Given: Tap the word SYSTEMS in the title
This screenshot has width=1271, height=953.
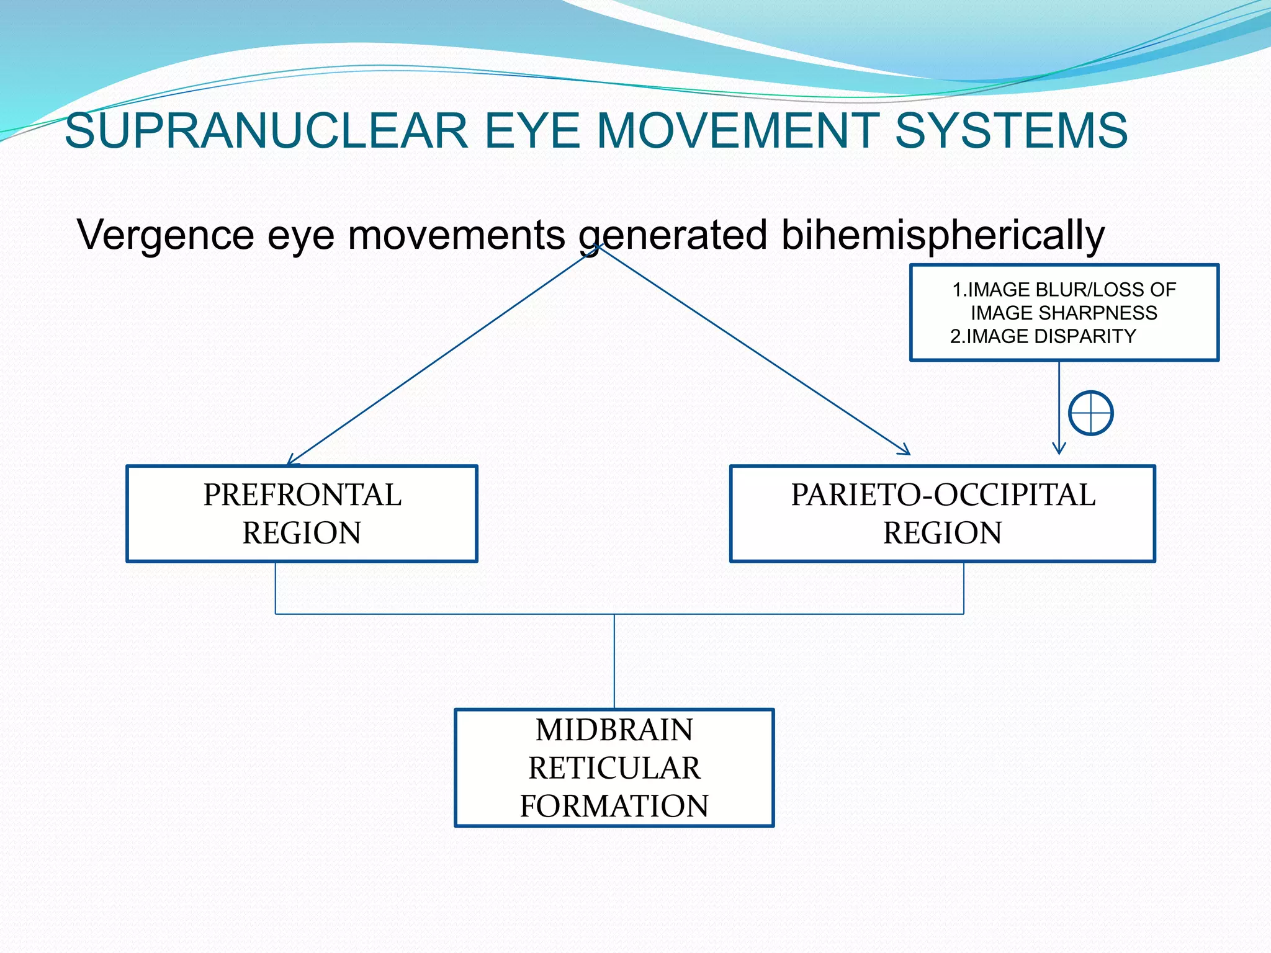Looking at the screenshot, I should (1011, 131).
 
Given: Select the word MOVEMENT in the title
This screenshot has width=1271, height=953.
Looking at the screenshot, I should (738, 131).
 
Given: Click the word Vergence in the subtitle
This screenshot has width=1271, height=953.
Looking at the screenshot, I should (165, 236).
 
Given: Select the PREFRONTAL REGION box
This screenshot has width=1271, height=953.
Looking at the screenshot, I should (302, 514).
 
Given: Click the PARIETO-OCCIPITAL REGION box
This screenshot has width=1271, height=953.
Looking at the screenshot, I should (942, 514).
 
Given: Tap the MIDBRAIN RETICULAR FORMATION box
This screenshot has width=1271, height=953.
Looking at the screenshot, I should (614, 767).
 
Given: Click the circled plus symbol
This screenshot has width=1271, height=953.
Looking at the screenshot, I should (1090, 413).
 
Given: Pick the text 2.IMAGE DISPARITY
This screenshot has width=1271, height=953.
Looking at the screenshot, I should (1043, 336).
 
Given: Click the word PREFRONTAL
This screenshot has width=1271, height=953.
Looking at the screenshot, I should (302, 495).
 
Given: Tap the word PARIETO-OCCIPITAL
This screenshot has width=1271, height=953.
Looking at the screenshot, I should (943, 495).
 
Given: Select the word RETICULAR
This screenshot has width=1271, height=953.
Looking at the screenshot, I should (614, 768).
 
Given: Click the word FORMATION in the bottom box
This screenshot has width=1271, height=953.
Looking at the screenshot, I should (614, 806).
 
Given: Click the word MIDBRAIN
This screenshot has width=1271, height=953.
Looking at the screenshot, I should (614, 730).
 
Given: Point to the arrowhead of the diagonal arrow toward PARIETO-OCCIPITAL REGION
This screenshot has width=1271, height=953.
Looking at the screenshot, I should (905, 451).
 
